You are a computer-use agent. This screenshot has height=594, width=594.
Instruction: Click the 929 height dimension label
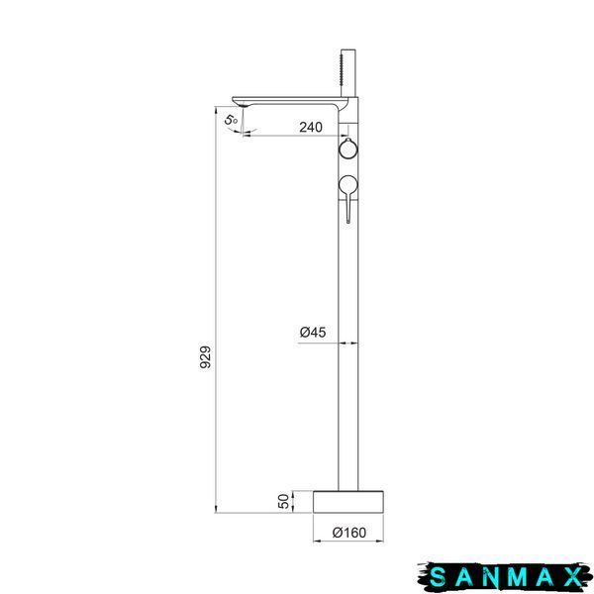tap(206, 356)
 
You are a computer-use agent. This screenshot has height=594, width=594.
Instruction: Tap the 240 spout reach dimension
tap(311, 128)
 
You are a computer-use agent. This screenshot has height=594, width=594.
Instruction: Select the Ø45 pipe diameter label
tap(313, 333)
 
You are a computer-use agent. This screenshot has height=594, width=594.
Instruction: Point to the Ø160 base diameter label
tap(348, 533)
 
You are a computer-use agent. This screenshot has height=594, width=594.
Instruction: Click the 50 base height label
tap(284, 501)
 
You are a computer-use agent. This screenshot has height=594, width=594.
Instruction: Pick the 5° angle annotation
tap(231, 120)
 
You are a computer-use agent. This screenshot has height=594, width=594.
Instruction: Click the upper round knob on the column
tap(347, 148)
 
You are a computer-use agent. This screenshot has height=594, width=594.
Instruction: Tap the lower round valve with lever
tap(348, 185)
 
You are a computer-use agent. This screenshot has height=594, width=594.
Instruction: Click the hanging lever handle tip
tap(348, 221)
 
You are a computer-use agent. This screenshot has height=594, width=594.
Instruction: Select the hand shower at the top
tap(348, 72)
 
